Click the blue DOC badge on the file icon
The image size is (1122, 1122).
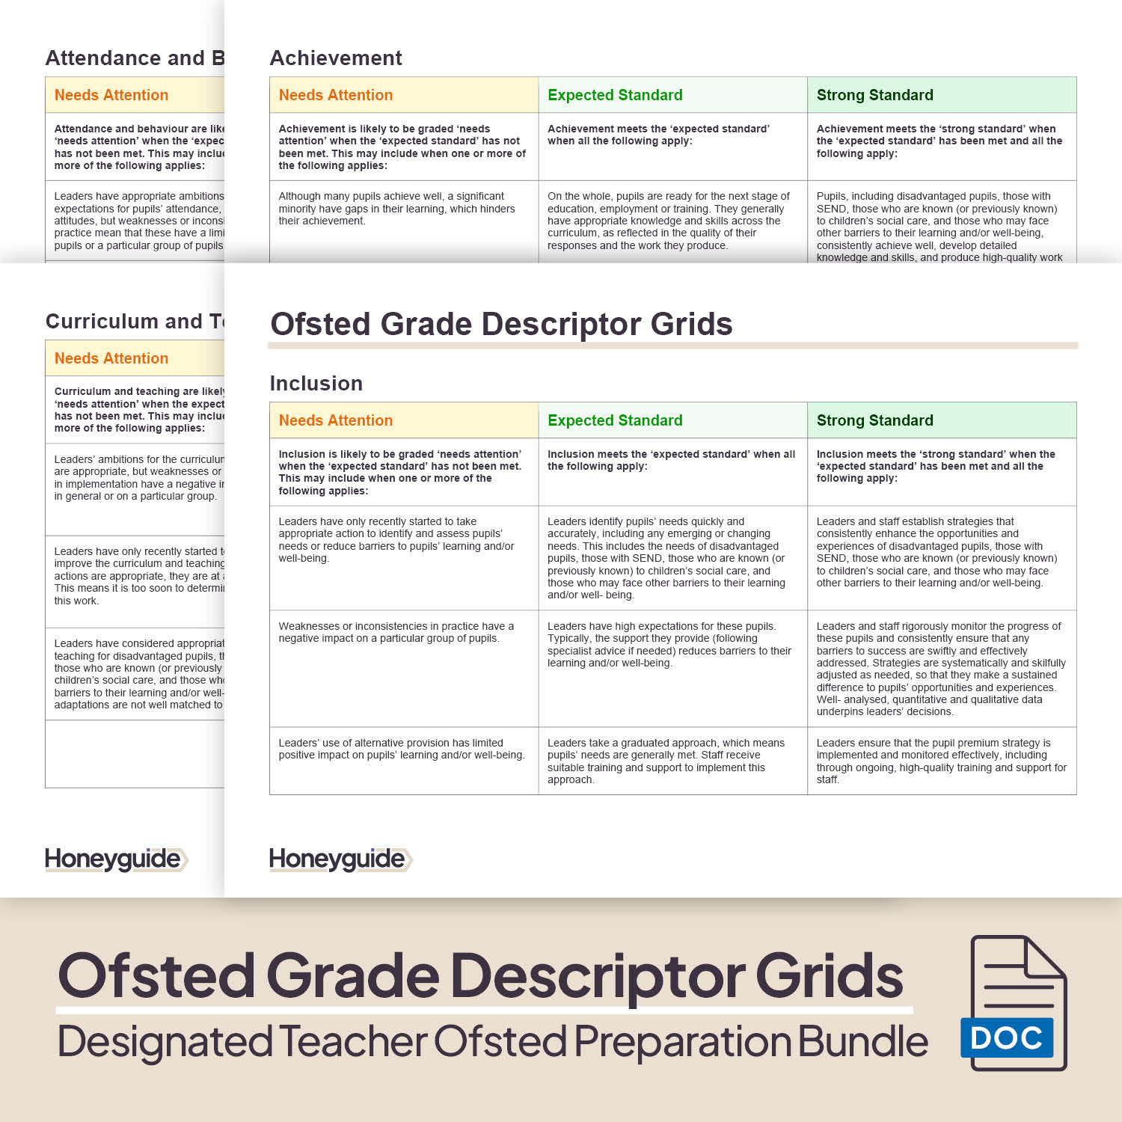[1006, 1037]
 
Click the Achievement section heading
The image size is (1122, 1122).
[336, 58]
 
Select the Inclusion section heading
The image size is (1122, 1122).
[316, 383]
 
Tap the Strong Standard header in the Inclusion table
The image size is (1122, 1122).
[874, 420]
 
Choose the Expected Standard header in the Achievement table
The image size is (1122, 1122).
[615, 95]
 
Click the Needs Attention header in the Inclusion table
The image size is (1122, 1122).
[335, 420]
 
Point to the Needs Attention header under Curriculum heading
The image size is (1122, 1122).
[111, 358]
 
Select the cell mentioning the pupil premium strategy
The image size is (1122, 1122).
[941, 761]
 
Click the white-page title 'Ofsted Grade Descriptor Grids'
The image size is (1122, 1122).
[501, 324]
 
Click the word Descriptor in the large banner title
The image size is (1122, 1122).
[598, 975]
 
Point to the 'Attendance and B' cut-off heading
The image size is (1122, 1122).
[135, 58]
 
